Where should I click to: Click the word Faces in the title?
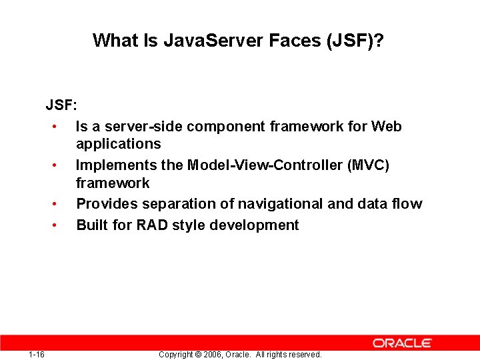[295, 41]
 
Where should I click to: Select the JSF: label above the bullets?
[61, 105]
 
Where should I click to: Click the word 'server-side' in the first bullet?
[136, 126]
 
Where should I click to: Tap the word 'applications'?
[118, 144]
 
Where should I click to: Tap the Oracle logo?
[402, 343]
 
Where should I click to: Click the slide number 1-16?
[37, 354]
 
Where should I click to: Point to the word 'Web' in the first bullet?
[387, 126]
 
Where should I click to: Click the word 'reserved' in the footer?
[305, 355]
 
